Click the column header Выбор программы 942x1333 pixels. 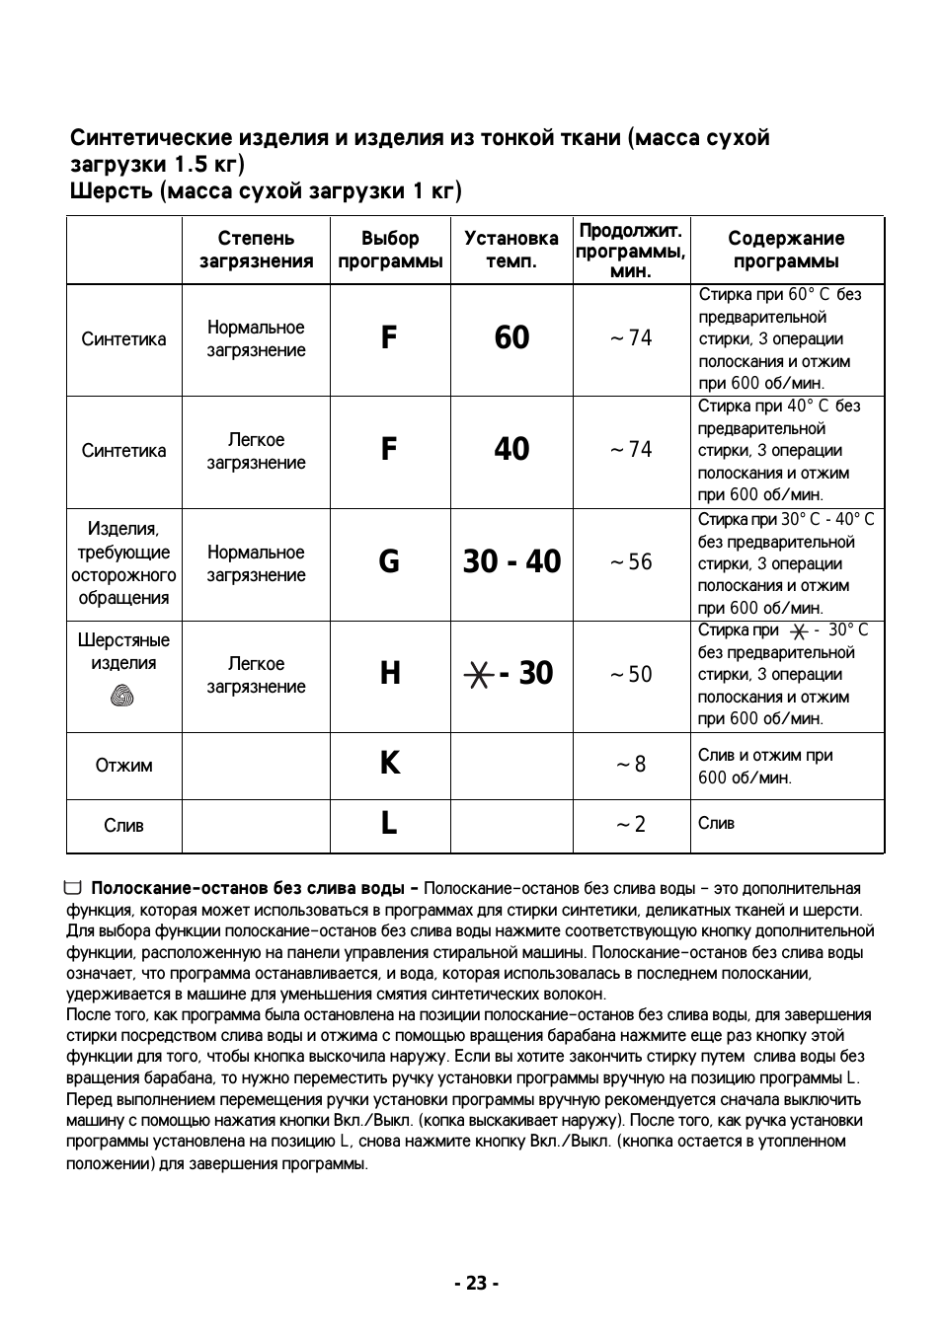390,250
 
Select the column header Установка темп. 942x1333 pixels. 510,250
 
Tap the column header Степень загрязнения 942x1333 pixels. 256,250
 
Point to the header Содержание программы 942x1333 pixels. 786,250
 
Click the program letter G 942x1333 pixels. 389,561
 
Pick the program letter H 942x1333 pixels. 390,673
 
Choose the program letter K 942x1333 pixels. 390,763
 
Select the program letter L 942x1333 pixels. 389,823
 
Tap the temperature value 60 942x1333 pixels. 511,337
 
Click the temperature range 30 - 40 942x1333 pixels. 511,561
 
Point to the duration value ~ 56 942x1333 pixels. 631,561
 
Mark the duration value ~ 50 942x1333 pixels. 631,674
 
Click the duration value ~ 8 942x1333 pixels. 631,764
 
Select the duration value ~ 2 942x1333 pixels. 631,824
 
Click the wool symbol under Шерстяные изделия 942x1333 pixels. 123,697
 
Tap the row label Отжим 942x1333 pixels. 123,765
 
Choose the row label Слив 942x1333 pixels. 123,825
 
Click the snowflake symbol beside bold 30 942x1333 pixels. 478,674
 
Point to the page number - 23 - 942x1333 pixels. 477,1283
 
